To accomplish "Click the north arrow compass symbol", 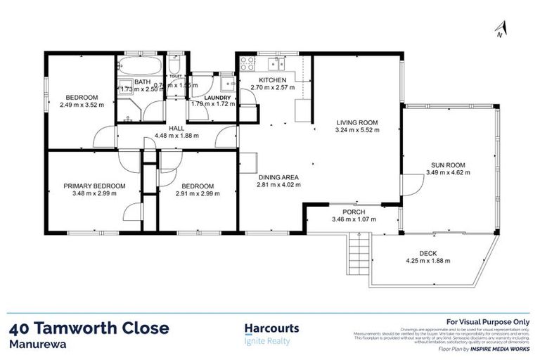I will pos(499,29).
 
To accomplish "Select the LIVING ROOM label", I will pos(356,122).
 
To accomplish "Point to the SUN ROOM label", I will pos(450,165).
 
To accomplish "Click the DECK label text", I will pos(427,253).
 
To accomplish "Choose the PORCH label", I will pos(354,212).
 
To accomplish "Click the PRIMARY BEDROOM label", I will pos(94,186).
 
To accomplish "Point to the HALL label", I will pos(177,128).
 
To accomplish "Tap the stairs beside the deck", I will pos(360,250).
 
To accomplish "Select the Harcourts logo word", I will pos(271,328).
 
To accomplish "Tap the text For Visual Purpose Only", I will pos(483,321).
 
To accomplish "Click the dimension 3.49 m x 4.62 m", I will pos(450,172).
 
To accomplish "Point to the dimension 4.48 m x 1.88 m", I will pos(177,136).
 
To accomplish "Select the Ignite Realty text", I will pos(266,342).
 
